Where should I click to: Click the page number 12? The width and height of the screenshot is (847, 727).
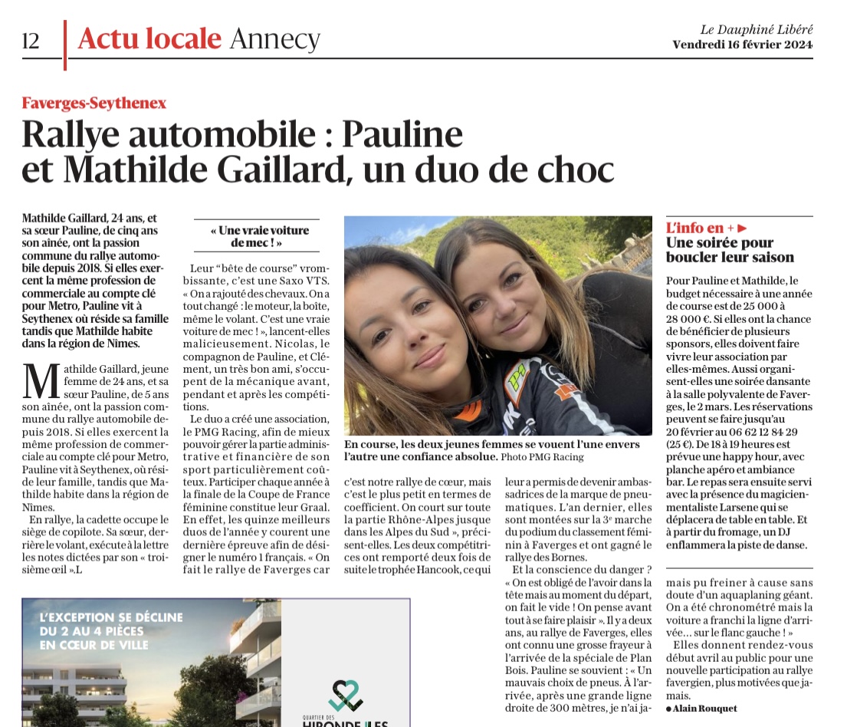pyautogui.click(x=31, y=41)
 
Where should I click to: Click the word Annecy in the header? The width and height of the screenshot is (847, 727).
pyautogui.click(x=274, y=38)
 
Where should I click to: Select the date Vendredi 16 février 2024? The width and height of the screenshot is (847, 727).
pyautogui.click(x=742, y=44)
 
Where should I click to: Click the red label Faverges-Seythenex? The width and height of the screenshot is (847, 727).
pyautogui.click(x=94, y=103)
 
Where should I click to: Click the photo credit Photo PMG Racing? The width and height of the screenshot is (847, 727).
pyautogui.click(x=542, y=457)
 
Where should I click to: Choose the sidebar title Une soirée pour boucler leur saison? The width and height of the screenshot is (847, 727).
pyautogui.click(x=730, y=250)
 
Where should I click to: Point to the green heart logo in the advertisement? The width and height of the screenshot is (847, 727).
pyautogui.click(x=346, y=695)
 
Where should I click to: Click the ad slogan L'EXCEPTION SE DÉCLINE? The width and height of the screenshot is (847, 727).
pyautogui.click(x=111, y=617)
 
